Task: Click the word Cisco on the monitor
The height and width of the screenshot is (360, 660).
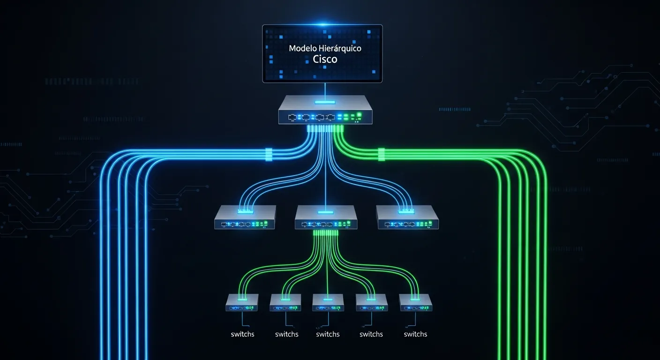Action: click(x=325, y=60)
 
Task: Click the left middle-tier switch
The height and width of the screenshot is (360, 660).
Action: click(x=245, y=218)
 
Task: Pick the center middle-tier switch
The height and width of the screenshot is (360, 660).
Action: click(x=326, y=218)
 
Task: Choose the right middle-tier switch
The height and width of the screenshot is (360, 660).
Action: click(x=407, y=218)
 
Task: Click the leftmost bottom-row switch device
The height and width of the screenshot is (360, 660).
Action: click(x=242, y=303)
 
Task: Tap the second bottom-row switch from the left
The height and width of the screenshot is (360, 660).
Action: click(x=285, y=303)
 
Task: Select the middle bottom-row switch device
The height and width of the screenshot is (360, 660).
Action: click(x=328, y=303)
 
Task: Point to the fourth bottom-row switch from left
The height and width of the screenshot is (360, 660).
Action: click(x=371, y=303)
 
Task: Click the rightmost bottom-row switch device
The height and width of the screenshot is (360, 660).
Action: click(x=415, y=303)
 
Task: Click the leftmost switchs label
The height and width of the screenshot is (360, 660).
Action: click(x=243, y=334)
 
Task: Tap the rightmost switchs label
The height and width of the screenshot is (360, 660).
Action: click(x=415, y=334)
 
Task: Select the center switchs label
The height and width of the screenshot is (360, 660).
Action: click(x=328, y=334)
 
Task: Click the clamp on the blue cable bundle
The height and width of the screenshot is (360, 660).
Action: click(x=269, y=154)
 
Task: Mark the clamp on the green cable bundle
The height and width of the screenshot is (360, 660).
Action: click(x=381, y=154)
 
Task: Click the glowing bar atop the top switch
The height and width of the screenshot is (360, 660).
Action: click(x=325, y=102)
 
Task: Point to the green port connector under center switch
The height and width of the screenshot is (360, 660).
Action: click(x=326, y=233)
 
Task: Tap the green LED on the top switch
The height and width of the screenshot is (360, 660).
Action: click(x=359, y=114)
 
